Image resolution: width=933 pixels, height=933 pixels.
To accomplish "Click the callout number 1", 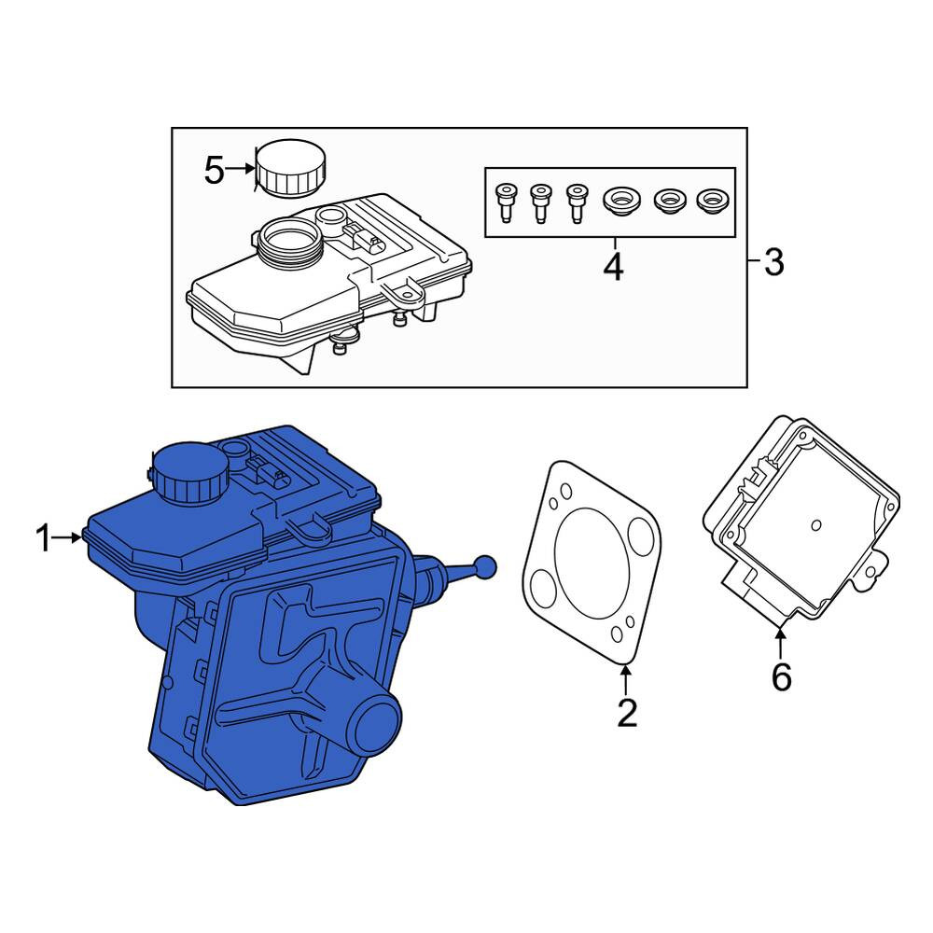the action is (x=44, y=538).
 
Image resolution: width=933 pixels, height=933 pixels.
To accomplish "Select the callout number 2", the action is (x=627, y=713).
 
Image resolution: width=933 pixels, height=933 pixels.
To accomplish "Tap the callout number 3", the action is (x=773, y=262).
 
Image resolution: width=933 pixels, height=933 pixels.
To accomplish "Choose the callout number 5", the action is (x=215, y=170).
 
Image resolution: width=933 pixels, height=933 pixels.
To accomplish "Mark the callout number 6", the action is (x=781, y=676).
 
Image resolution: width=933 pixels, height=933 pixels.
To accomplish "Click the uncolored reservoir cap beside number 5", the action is (x=291, y=168).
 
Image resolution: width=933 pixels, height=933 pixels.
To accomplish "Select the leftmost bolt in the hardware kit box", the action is (x=505, y=202).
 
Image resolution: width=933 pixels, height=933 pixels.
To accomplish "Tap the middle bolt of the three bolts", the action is (x=540, y=202).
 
